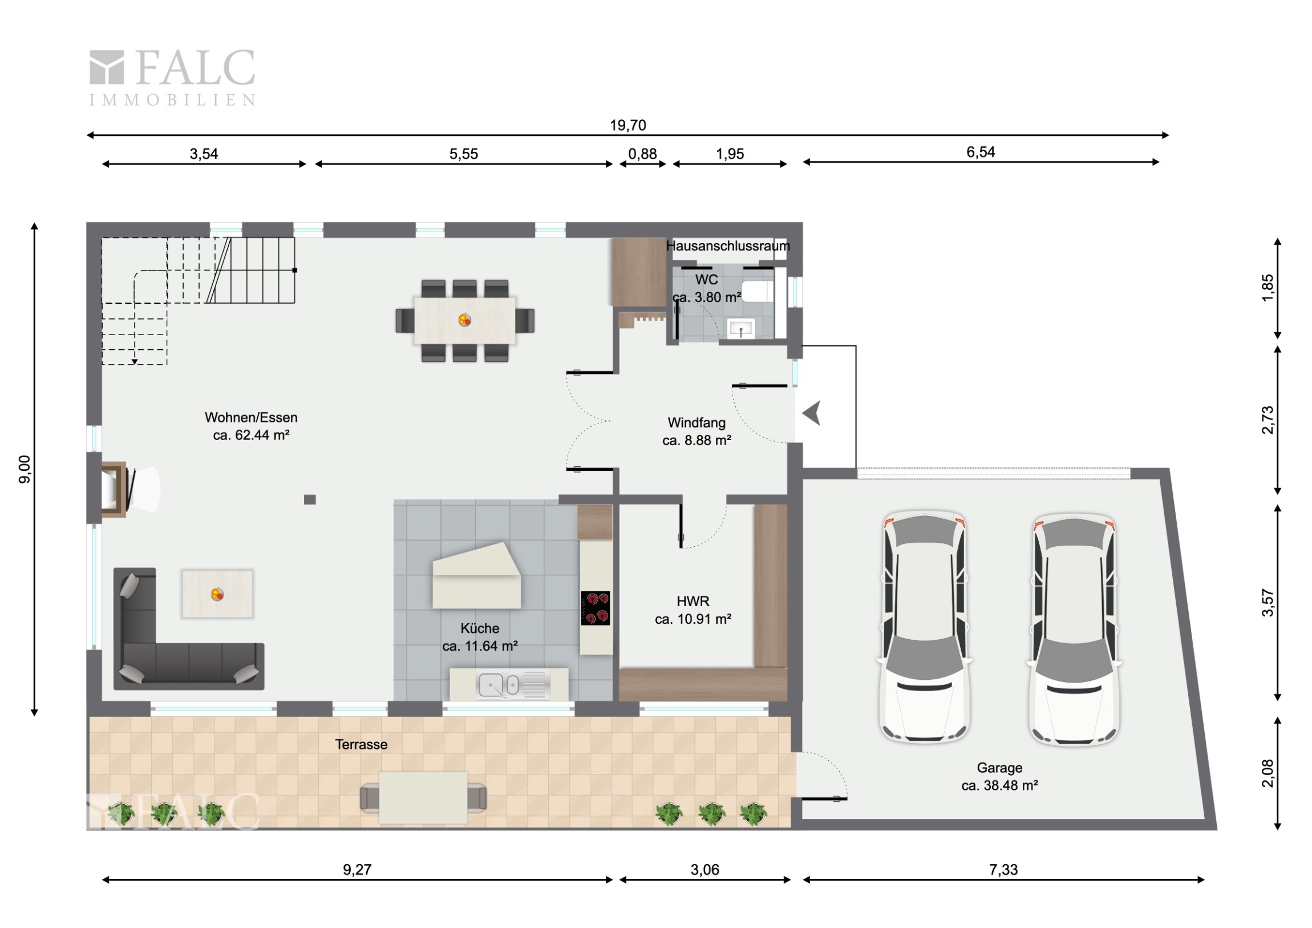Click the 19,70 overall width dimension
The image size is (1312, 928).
[x=627, y=125]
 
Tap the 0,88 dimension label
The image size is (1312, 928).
[x=642, y=154]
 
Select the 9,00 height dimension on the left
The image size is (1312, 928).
[x=25, y=470]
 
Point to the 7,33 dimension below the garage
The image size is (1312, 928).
[x=1003, y=870]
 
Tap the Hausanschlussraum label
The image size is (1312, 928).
[x=728, y=246]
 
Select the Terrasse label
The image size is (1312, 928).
[x=361, y=744]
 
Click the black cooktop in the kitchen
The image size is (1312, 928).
[x=596, y=608]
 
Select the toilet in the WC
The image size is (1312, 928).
[x=758, y=291]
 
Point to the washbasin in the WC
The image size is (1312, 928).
[x=740, y=329]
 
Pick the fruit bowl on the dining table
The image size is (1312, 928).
[x=464, y=320]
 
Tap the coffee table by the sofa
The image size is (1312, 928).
[x=217, y=594]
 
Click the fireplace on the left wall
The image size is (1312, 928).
[x=114, y=490]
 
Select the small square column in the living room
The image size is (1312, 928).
[x=310, y=500]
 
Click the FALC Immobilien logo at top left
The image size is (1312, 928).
[x=172, y=78]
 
